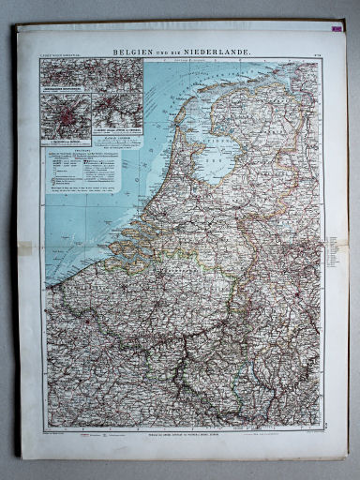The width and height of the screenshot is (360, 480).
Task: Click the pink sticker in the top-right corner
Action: pos(336,29)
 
